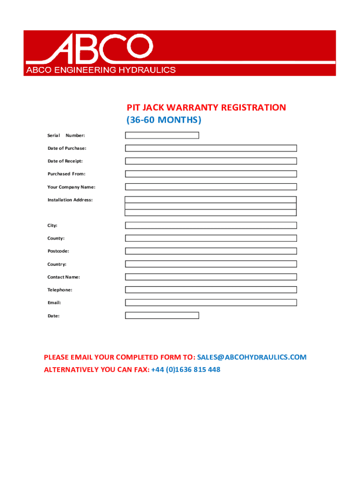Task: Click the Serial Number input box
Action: click(x=162, y=135)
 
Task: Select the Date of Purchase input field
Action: click(x=211, y=148)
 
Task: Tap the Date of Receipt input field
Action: click(x=211, y=161)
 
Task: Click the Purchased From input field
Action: click(x=211, y=174)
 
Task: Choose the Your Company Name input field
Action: click(x=211, y=187)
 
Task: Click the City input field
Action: click(x=211, y=225)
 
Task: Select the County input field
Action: click(x=211, y=238)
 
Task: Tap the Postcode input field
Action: click(x=211, y=251)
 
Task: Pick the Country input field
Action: click(x=211, y=264)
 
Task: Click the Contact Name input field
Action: click(x=211, y=276)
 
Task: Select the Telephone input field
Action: click(x=211, y=290)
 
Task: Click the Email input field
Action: click(x=211, y=303)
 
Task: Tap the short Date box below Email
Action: click(x=162, y=315)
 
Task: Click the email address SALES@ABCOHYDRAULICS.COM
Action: click(x=252, y=357)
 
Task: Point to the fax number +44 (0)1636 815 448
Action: click(x=186, y=370)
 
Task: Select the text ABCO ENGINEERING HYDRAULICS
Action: click(x=101, y=70)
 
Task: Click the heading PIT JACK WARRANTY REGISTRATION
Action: click(x=206, y=108)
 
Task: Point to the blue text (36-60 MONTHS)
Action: click(x=164, y=120)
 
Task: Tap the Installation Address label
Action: click(x=70, y=200)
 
